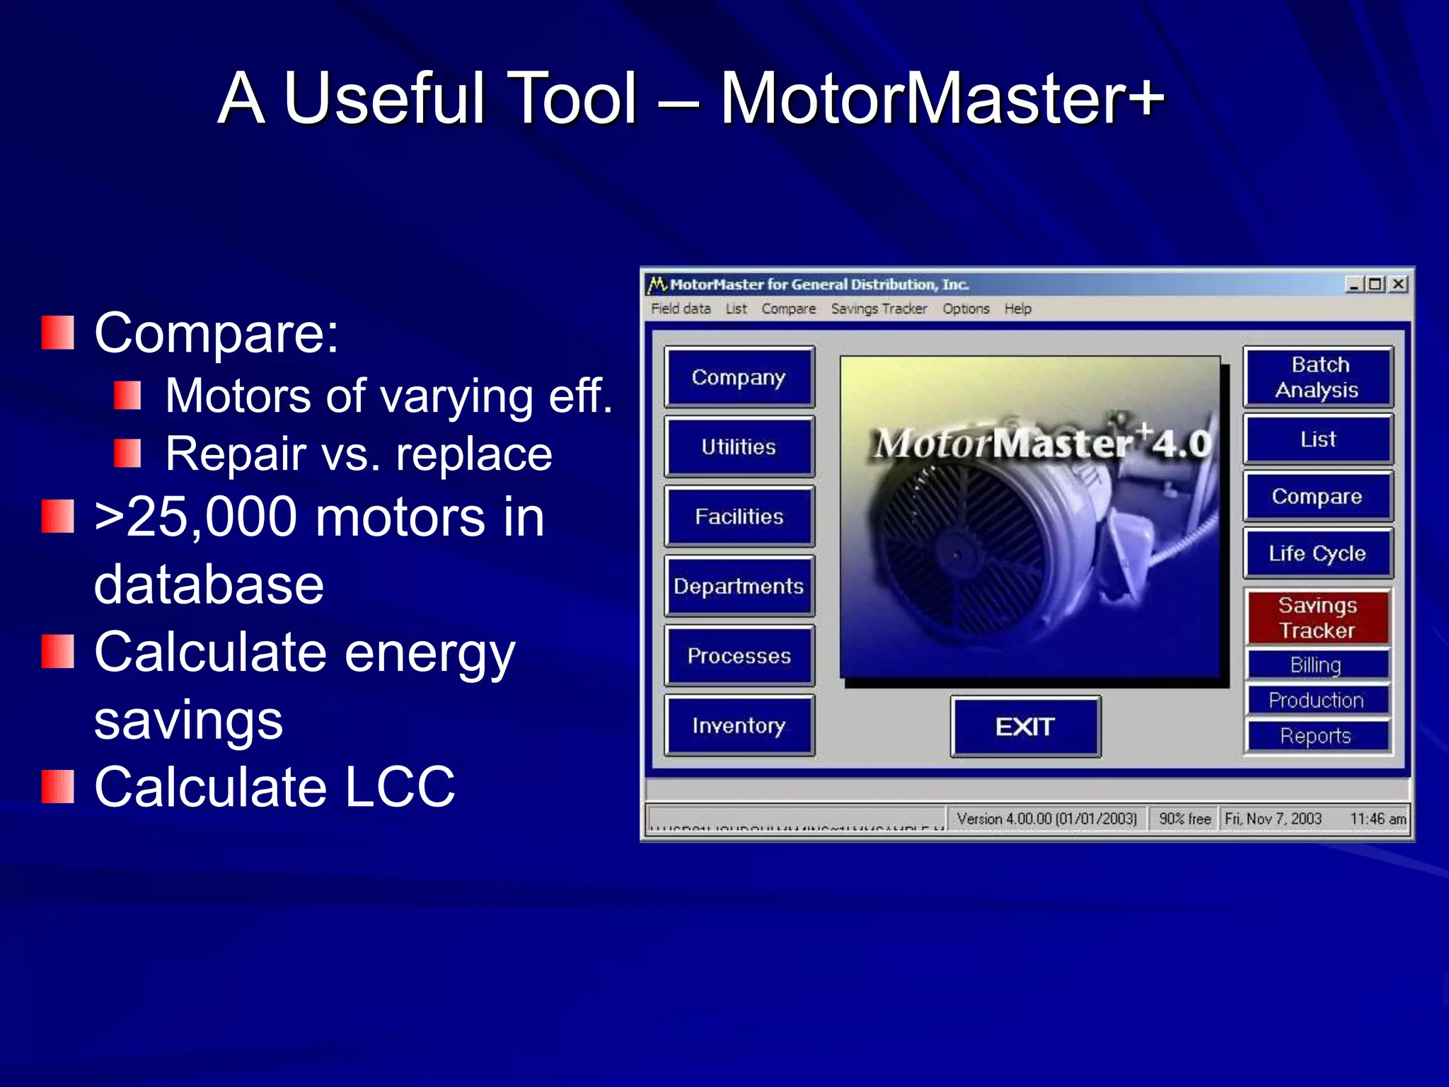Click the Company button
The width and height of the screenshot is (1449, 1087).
point(739,377)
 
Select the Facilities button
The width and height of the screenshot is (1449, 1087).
point(739,517)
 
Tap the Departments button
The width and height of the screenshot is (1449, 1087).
point(739,586)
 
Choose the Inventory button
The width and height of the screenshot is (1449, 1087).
point(739,725)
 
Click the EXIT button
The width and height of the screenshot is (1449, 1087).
point(1024,727)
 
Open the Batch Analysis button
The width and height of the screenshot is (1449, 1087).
point(1317,377)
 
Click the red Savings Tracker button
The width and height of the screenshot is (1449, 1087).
point(1317,617)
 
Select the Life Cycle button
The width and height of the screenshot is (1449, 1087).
point(1317,553)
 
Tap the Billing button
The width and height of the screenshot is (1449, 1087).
point(1316,665)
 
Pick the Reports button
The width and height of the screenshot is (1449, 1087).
point(1316,736)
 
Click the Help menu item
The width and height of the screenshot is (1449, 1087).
point(1017,309)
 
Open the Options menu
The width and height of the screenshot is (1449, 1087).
point(966,309)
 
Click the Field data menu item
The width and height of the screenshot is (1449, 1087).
point(681,309)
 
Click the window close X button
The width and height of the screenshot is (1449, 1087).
point(1398,284)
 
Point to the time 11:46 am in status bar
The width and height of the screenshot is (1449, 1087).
point(1378,819)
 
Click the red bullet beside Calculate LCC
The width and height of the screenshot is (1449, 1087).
point(58,787)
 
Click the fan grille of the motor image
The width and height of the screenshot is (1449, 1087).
point(955,552)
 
